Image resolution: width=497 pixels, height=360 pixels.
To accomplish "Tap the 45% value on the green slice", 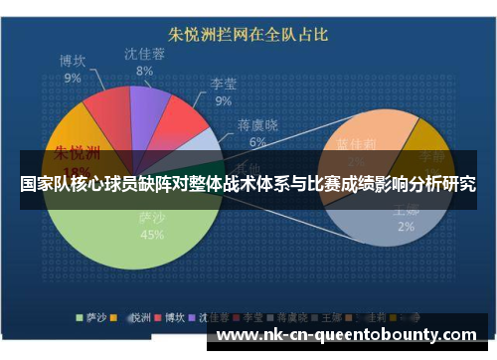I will (x=152, y=235).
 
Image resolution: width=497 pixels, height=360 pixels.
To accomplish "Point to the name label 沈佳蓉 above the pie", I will (x=144, y=54).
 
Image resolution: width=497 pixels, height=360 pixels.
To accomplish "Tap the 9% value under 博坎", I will (x=73, y=77).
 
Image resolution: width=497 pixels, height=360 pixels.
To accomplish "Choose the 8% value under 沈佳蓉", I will (x=144, y=71).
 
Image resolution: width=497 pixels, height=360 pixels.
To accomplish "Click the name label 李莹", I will (x=223, y=84).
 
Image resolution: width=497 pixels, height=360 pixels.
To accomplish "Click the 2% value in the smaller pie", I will (x=407, y=226).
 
